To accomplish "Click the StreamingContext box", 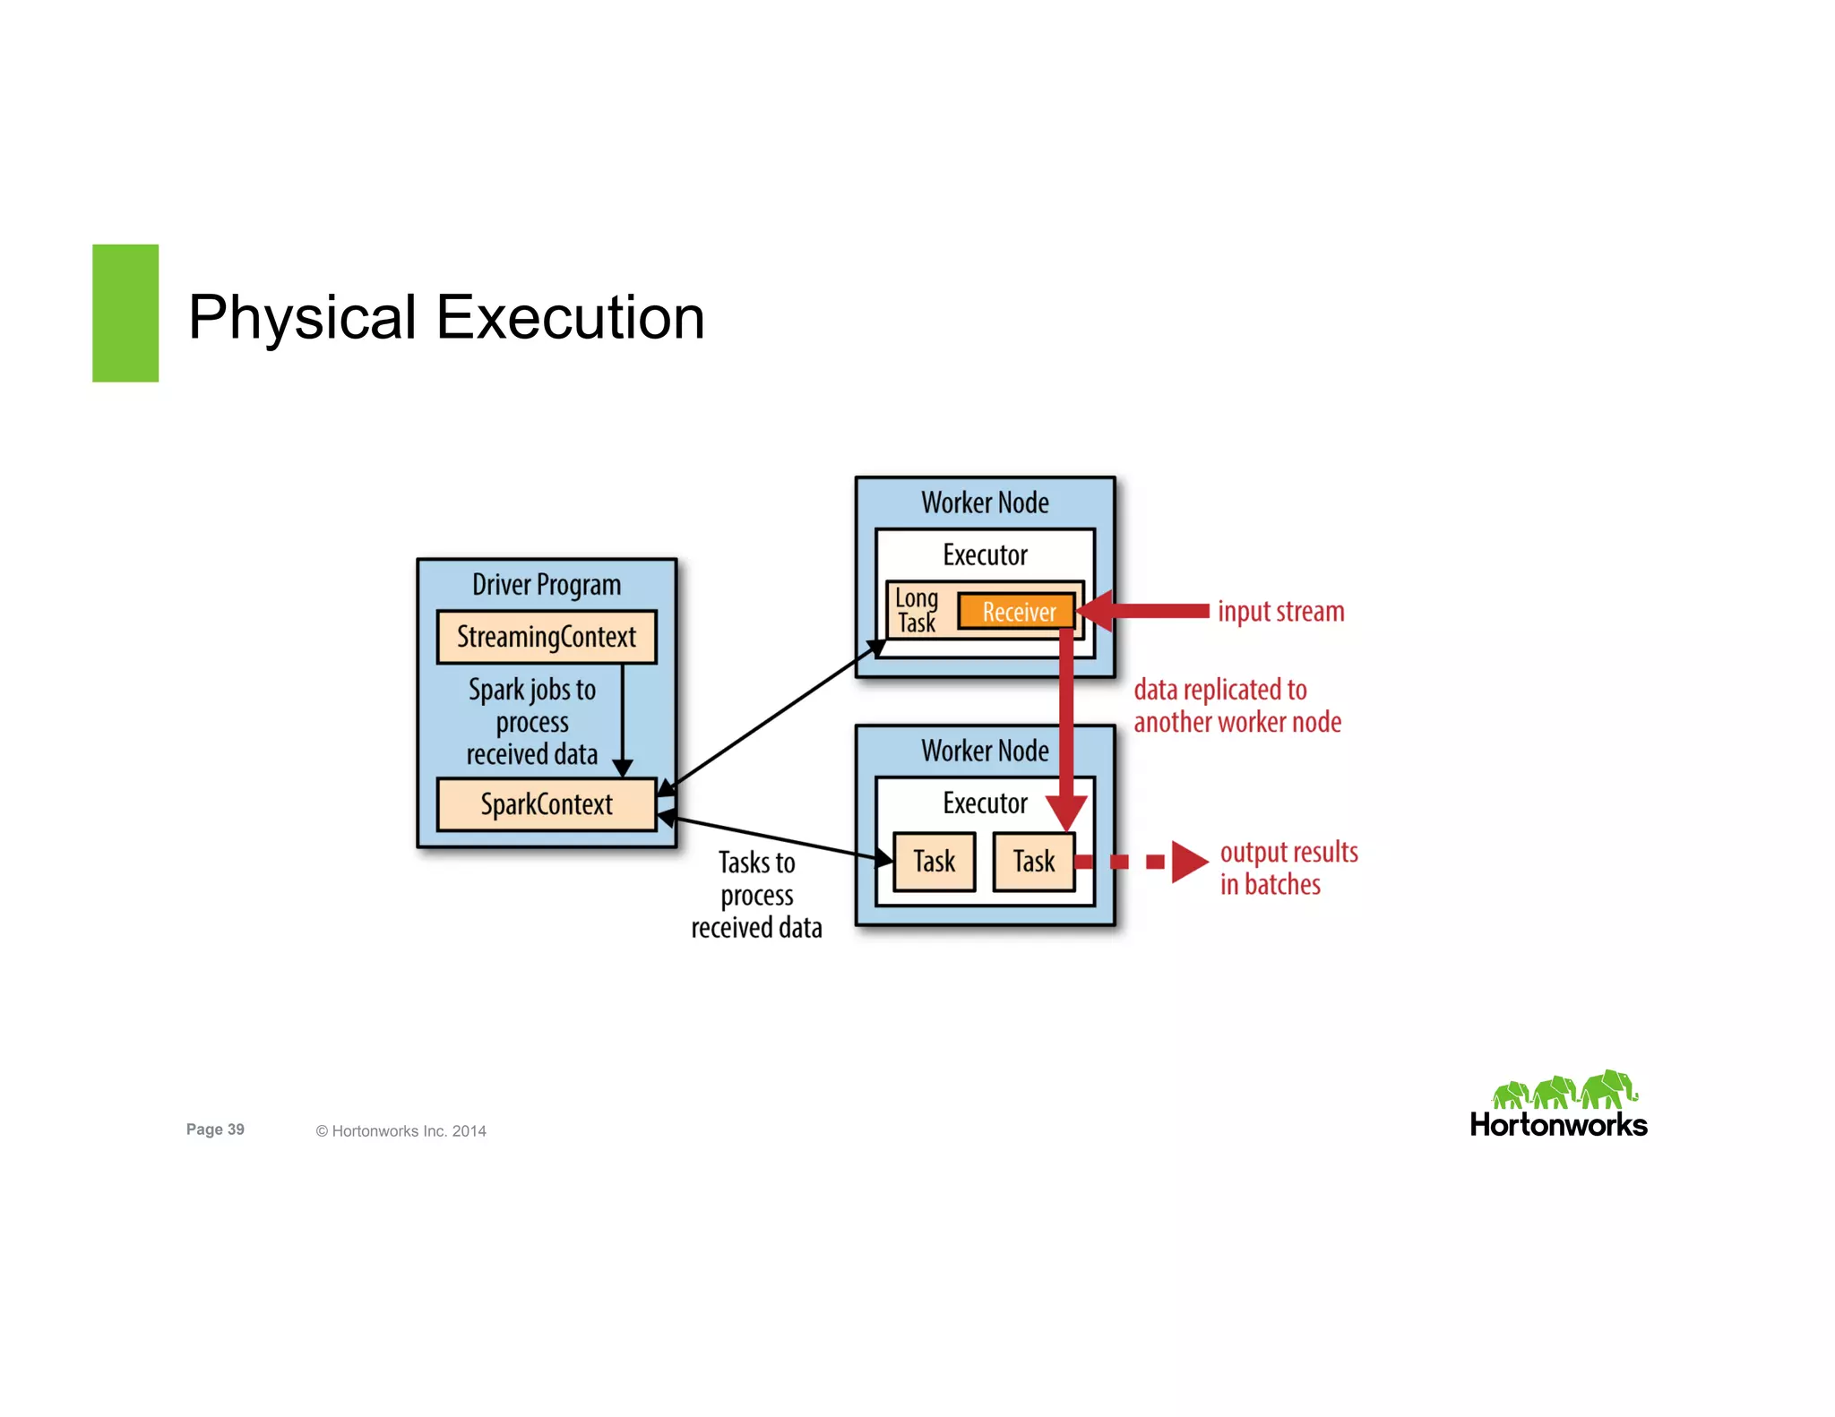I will tap(546, 637).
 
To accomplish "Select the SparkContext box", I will tap(546, 804).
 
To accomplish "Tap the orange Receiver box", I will tap(1017, 612).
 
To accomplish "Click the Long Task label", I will tap(916, 611).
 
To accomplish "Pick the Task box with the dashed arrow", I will tap(1033, 862).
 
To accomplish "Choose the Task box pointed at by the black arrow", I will tap(934, 862).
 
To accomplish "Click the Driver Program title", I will tap(546, 585).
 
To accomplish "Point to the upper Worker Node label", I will tap(985, 502).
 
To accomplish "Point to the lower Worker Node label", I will tap(985, 751).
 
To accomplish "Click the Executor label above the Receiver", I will tap(985, 555).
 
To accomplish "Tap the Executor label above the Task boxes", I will tap(985, 803).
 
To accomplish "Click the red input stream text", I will tap(1280, 612).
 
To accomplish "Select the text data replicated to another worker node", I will tap(1236, 706).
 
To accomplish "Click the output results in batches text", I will tap(1288, 868).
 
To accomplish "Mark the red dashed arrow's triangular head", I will tap(1188, 862).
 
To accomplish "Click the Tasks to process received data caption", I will tap(756, 895).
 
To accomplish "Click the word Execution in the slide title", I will tap(570, 317).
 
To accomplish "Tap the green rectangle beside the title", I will tap(125, 313).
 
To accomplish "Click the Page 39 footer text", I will tap(215, 1129).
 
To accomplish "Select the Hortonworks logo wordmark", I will tap(1558, 1125).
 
